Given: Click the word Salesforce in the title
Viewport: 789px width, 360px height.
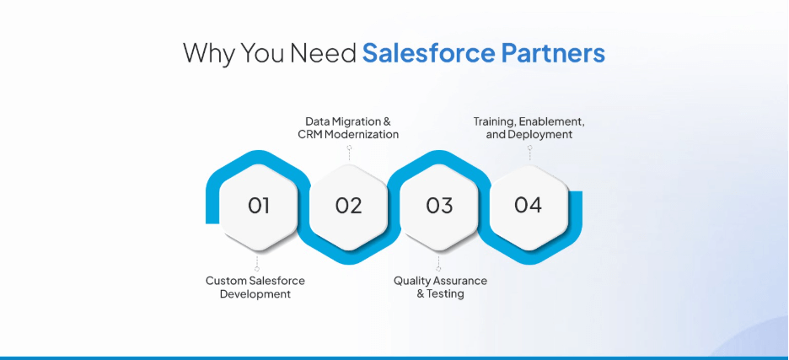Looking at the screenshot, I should click(428, 53).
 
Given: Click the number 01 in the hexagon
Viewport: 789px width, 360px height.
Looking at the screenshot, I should click(258, 206).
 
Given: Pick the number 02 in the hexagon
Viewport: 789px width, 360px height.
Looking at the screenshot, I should click(348, 206).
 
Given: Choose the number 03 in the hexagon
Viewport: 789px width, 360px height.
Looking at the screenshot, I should click(438, 206).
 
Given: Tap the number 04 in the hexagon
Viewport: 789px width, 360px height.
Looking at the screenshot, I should click(528, 205).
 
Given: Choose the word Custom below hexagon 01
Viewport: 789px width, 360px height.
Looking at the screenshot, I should click(225, 281).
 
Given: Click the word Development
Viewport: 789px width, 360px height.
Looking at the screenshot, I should click(255, 294).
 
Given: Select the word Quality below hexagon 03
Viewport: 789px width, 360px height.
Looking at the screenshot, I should click(412, 281).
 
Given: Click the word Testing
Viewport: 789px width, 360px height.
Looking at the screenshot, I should click(447, 294).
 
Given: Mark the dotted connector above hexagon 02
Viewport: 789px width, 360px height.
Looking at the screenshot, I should click(348, 153).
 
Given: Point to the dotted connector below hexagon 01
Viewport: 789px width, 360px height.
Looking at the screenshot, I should click(257, 262).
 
